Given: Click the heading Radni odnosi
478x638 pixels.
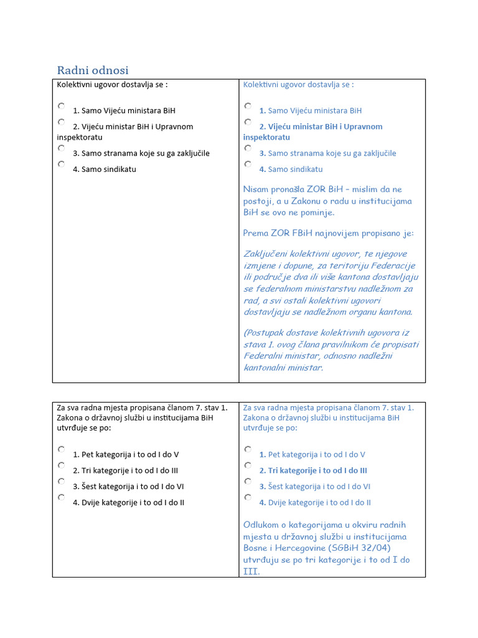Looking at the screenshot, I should (93, 70).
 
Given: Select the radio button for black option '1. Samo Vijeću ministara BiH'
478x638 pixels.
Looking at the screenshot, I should (62, 107).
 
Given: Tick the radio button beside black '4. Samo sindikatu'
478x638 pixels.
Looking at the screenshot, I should (62, 164).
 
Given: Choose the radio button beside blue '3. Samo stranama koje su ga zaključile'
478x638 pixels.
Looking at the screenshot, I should (248, 148).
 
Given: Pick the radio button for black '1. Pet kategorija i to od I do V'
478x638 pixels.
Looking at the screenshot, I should (62, 450).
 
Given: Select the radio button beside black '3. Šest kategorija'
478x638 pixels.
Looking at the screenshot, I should (62, 482).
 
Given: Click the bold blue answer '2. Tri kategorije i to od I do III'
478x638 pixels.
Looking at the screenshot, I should (313, 470).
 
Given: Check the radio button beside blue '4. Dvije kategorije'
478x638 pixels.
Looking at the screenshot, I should (248, 498).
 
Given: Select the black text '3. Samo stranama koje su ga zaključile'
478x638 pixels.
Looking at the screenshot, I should (141, 153).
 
